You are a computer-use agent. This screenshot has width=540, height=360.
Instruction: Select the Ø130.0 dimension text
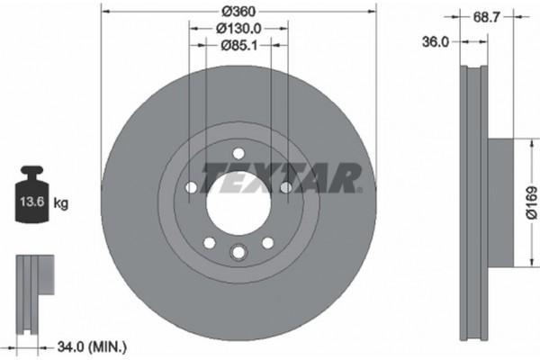coord(238,29)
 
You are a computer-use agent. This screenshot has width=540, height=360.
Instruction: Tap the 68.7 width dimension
coord(486,16)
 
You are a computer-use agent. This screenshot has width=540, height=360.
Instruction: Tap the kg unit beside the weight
coord(61,204)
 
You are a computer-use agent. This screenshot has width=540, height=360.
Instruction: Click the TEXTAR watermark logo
coord(281,178)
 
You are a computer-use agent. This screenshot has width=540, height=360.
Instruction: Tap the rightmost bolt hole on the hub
coord(285,187)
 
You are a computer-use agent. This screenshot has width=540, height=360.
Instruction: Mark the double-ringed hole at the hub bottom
coord(238,253)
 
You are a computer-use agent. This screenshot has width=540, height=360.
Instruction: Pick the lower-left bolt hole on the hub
coord(208,242)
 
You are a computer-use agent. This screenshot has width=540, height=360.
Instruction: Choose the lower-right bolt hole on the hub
coord(267,242)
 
